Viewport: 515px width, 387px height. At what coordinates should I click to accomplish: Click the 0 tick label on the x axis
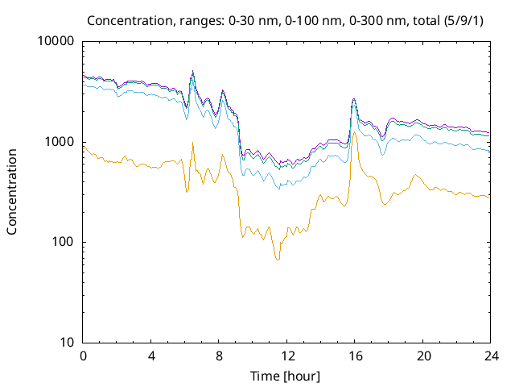[83, 356]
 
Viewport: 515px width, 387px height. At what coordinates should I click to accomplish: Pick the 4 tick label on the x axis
[151, 356]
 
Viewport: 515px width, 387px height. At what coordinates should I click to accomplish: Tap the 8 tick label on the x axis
[219, 356]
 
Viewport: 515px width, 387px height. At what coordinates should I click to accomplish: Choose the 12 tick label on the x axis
[287, 356]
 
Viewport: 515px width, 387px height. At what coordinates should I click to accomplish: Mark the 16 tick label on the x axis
[355, 356]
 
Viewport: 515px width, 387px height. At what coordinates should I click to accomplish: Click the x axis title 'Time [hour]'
[286, 375]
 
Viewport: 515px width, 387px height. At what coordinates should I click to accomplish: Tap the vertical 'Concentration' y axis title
[12, 192]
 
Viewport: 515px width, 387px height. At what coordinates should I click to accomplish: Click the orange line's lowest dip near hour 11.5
[278, 259]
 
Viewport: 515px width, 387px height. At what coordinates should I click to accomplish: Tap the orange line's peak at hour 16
[354, 131]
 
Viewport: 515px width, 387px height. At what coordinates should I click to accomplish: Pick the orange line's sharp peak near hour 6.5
[192, 144]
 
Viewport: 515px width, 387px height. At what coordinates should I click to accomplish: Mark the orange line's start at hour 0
[84, 147]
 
